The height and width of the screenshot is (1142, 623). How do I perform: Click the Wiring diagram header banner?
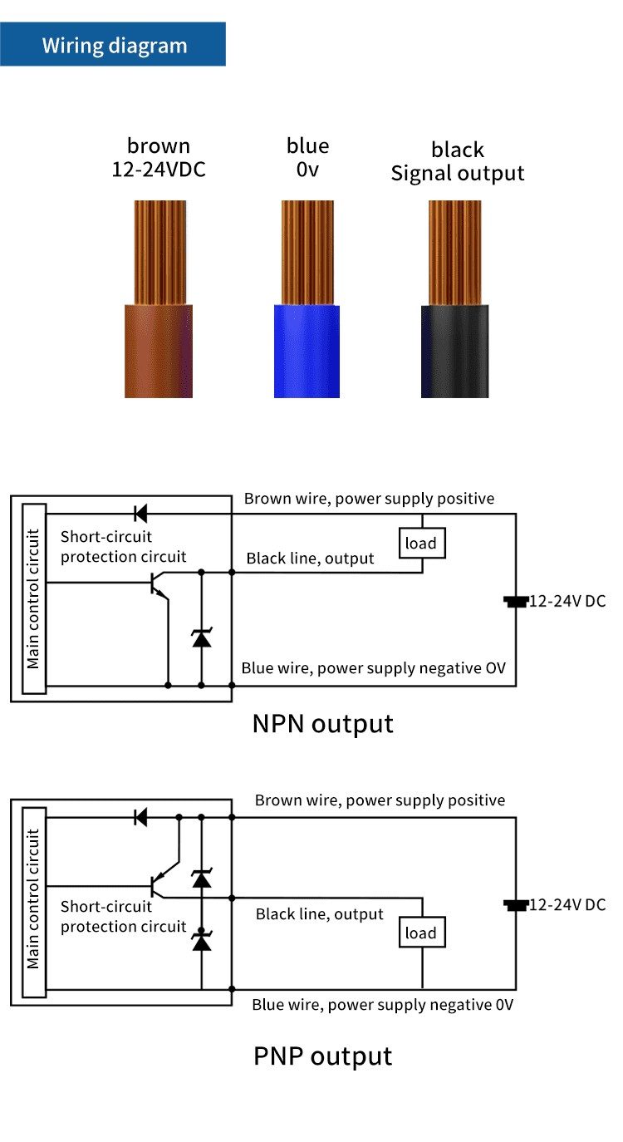(x=114, y=45)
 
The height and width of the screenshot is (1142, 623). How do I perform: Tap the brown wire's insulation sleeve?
(x=159, y=351)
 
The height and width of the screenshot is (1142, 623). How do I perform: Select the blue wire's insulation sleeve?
(x=307, y=351)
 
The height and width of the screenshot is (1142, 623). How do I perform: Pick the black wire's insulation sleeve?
(x=454, y=351)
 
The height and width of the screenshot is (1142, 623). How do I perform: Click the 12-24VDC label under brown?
(x=159, y=170)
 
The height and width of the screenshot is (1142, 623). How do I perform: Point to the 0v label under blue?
(x=307, y=170)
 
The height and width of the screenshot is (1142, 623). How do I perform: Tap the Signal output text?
(x=458, y=173)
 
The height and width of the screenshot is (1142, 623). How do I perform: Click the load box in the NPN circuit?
(x=420, y=544)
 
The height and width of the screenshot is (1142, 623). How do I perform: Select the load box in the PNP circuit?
(x=421, y=933)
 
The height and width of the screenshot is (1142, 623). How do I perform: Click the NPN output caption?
(x=322, y=723)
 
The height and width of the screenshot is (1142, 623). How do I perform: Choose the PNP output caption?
(x=322, y=1056)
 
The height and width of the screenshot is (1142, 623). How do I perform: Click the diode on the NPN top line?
(x=140, y=513)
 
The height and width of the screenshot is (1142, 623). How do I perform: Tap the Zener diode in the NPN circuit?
(x=201, y=638)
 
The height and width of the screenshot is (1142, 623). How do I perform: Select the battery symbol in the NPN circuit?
(x=516, y=601)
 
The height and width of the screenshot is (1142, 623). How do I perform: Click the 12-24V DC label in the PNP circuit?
(x=567, y=904)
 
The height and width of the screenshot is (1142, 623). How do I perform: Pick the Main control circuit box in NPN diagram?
(x=34, y=598)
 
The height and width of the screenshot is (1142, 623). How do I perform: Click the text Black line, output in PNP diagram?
(x=320, y=914)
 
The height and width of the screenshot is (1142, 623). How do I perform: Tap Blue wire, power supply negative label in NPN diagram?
(x=373, y=668)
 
